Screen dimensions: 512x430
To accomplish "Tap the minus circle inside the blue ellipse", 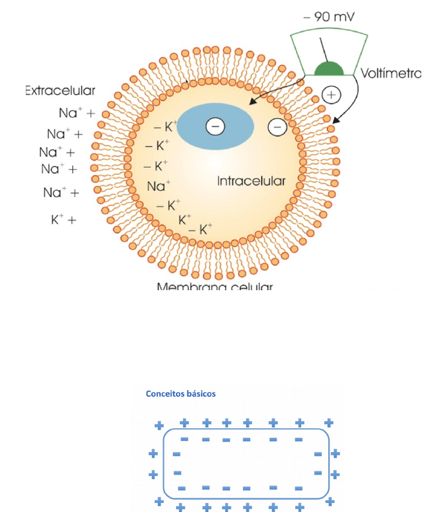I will click(x=215, y=126).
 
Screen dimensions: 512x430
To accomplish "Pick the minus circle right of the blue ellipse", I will click(x=277, y=127).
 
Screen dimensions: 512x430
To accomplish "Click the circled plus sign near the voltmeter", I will click(x=331, y=95).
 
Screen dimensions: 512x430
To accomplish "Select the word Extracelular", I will click(x=60, y=91).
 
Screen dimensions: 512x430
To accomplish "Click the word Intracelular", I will click(x=251, y=181).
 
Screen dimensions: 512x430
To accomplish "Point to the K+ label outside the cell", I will click(x=59, y=220).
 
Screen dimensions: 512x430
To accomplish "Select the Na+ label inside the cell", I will click(x=159, y=186).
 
